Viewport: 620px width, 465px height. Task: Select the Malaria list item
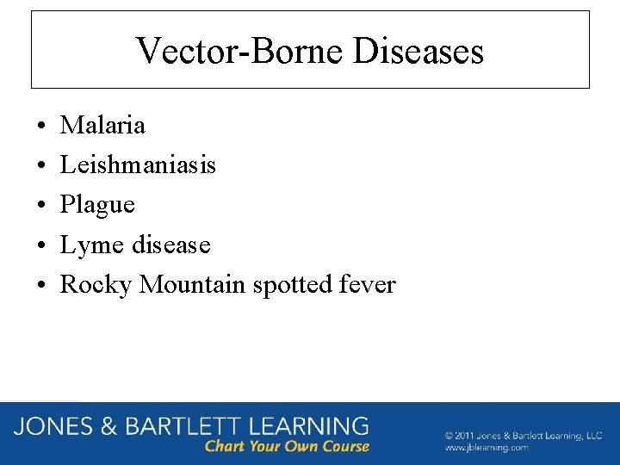coord(102,126)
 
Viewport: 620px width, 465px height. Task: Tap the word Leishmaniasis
coord(138,164)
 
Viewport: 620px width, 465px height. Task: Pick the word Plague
coord(97,205)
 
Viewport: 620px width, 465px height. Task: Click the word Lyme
coord(92,245)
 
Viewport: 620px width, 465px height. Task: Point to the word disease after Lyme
coord(170,245)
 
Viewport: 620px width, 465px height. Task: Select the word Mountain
coord(193,284)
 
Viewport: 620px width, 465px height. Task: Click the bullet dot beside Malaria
coord(42,127)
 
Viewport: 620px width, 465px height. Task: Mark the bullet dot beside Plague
coord(42,206)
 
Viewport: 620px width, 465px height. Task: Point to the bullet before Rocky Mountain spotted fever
coord(42,286)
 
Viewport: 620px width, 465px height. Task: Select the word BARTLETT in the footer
coord(181,426)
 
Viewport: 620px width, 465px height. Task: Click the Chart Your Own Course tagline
coord(287,446)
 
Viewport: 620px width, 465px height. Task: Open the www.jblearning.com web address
coord(487,448)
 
